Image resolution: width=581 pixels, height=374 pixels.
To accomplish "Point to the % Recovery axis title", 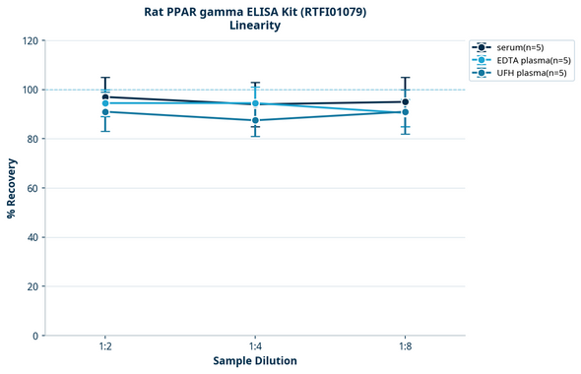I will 12,187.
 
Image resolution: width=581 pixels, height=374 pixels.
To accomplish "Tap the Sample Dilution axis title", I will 255,361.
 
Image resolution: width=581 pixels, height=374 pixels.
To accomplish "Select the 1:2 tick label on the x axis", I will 105,346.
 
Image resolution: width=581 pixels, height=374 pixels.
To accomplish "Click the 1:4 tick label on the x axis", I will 255,346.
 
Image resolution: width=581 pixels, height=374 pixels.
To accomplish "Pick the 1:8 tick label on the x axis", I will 405,346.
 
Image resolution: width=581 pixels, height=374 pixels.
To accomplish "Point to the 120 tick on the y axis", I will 30,40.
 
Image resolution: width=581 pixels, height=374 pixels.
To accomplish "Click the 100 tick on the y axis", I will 30,90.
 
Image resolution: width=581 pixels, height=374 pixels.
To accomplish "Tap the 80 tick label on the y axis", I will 32,139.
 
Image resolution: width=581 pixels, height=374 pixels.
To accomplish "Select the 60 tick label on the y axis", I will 32,188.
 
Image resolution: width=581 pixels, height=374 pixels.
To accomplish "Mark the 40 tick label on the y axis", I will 32,237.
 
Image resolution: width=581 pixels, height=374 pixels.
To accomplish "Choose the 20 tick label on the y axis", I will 32,286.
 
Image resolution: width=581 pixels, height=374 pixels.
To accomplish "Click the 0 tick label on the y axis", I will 35,336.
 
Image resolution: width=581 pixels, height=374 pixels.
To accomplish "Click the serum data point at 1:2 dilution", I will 105,97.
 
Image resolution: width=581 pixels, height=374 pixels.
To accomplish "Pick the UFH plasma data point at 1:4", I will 255,120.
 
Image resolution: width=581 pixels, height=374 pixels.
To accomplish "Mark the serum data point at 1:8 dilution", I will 405,101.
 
